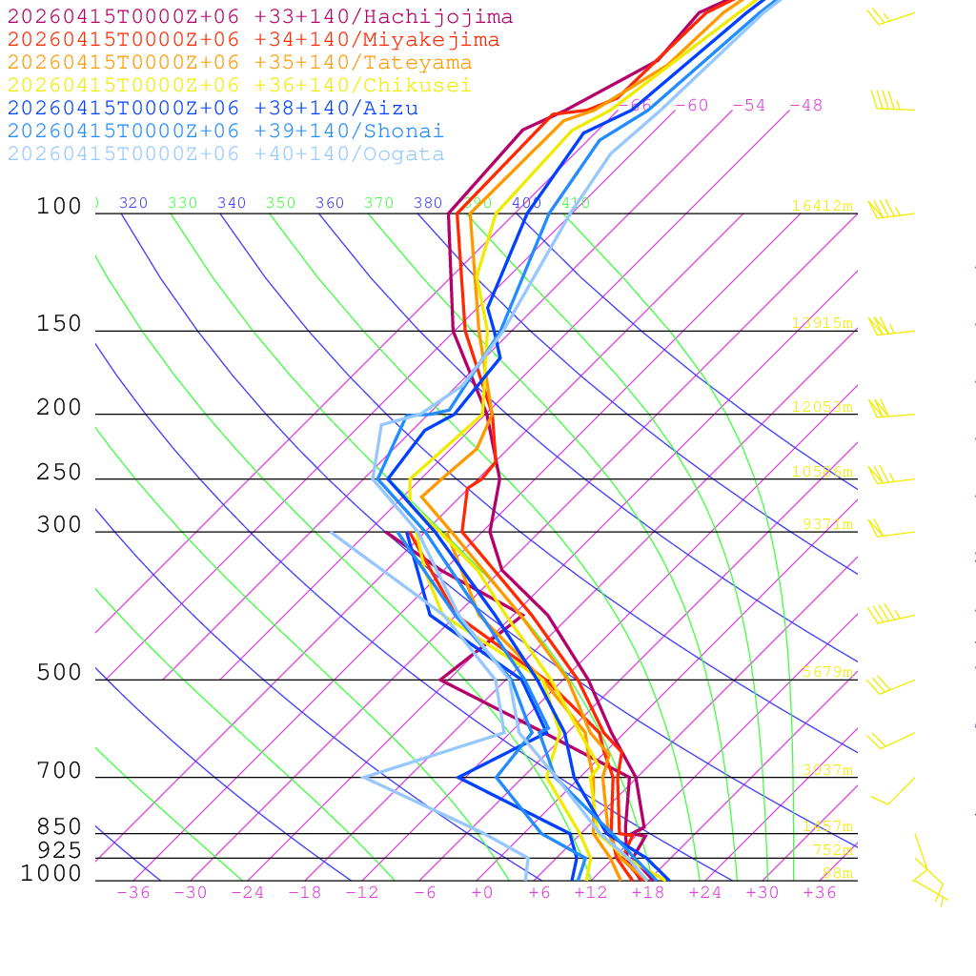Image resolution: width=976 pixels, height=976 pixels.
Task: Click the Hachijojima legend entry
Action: click(x=259, y=17)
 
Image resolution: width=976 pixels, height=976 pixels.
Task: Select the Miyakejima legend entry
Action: click(x=253, y=40)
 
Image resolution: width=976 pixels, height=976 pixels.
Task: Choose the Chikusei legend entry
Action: click(x=239, y=86)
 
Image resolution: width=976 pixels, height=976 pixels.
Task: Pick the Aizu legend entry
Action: click(x=213, y=109)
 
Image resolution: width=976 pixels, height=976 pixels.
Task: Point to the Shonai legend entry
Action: click(x=226, y=132)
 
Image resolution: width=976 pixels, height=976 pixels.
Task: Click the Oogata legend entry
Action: click(x=226, y=154)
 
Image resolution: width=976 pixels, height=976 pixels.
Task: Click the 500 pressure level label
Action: click(x=59, y=673)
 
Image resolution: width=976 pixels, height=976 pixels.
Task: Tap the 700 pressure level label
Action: click(x=59, y=771)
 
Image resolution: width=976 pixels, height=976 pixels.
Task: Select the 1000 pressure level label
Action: click(x=51, y=874)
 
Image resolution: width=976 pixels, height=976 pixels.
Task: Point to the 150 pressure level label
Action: click(x=59, y=324)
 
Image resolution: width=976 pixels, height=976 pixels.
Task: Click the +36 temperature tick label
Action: click(x=820, y=892)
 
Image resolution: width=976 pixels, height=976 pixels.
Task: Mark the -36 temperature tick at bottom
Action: click(x=133, y=892)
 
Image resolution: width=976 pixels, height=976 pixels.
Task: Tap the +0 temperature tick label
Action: click(x=482, y=892)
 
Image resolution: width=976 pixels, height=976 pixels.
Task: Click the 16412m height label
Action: click(x=822, y=206)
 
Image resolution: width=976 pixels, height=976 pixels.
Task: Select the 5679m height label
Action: click(x=827, y=672)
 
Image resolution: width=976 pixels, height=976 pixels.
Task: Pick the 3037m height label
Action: click(x=827, y=770)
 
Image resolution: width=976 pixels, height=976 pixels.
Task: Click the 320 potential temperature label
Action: click(x=133, y=203)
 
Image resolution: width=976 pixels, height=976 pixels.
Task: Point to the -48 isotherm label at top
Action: click(x=805, y=105)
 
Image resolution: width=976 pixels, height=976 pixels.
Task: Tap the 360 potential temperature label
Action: click(x=330, y=203)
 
